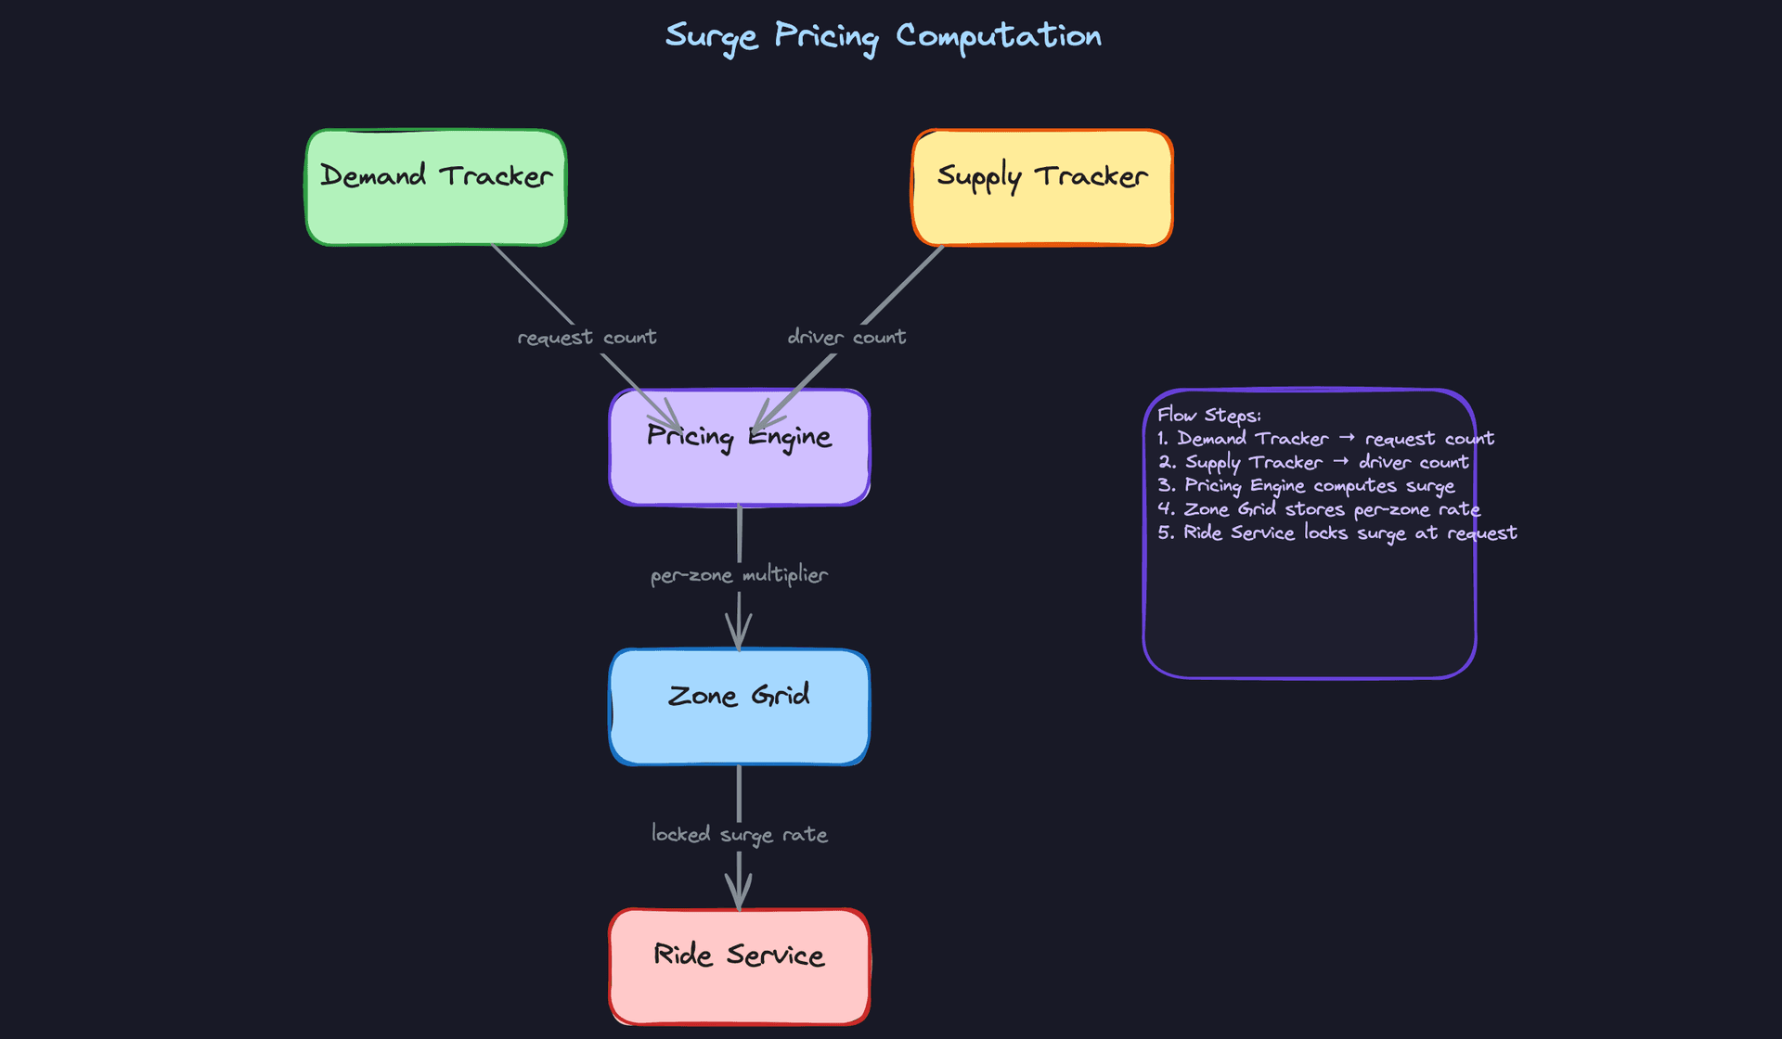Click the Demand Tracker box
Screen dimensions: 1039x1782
coord(436,187)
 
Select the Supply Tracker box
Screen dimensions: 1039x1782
coord(1042,187)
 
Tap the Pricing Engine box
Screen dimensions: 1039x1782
coord(739,448)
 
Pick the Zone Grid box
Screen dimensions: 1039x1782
coord(739,707)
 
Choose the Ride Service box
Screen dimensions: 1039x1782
coord(739,967)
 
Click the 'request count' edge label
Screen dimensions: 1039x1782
coord(587,338)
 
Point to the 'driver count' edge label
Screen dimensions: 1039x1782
coord(846,338)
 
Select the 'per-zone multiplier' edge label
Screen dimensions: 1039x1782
coord(739,575)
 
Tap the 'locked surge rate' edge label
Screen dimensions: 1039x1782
coord(739,835)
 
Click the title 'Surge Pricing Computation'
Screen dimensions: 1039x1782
coord(883,37)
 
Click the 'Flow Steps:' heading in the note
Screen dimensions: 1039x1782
coord(1209,416)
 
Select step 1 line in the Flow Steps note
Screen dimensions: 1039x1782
coord(1325,439)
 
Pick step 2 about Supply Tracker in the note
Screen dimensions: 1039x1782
coord(1313,462)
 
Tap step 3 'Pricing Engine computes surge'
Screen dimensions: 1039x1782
coord(1306,486)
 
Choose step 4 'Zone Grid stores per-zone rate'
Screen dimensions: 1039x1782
coord(1319,509)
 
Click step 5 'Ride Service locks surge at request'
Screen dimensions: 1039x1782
coord(1336,533)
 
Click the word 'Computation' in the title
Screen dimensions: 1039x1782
coord(998,37)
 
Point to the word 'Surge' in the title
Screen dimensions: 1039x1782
coord(712,37)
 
